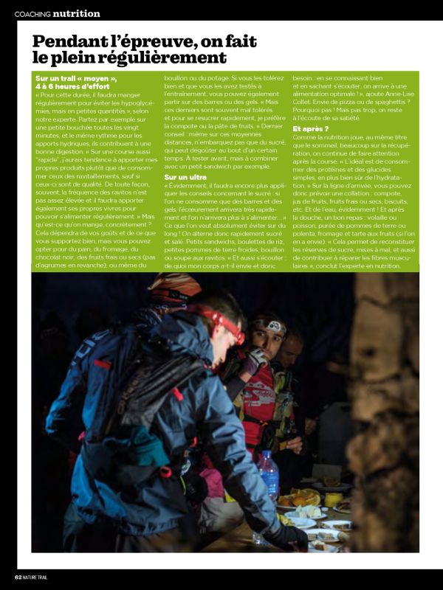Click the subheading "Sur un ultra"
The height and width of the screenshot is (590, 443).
[x=185, y=177]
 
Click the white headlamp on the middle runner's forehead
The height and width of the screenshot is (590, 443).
[x=272, y=326]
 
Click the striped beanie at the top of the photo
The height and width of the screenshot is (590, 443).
[x=174, y=284]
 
